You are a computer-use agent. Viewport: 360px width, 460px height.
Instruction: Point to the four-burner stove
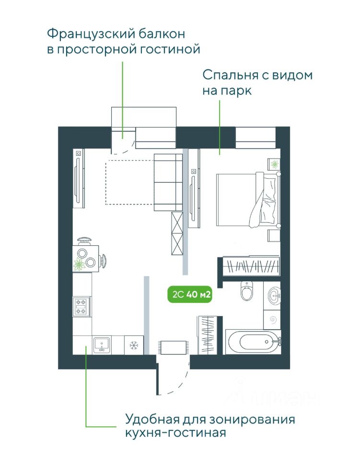pyautogui.click(x=81, y=307)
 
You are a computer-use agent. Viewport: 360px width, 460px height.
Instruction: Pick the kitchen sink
pyautogui.click(x=102, y=344)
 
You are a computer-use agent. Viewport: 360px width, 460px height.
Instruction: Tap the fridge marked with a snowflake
pyautogui.click(x=134, y=345)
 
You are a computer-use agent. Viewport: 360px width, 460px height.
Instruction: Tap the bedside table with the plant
pyautogui.click(x=275, y=164)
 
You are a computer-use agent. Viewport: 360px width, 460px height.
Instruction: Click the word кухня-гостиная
pyautogui.click(x=175, y=434)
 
